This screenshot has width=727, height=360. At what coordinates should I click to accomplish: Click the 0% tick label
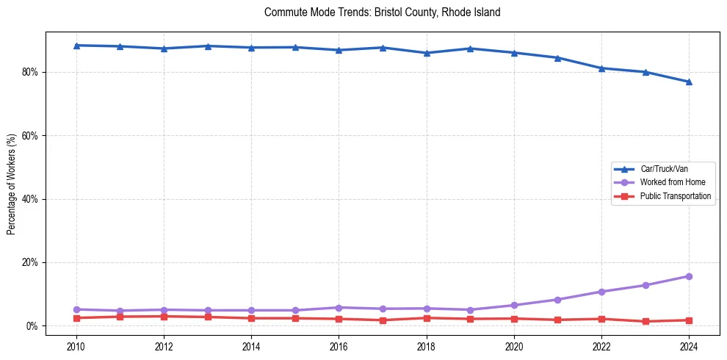coord(32,325)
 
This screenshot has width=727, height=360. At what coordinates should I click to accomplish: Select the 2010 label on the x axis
coord(76,346)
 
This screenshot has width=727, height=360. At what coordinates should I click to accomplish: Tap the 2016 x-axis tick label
coord(339,346)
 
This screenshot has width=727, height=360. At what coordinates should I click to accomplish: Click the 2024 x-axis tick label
coord(689,346)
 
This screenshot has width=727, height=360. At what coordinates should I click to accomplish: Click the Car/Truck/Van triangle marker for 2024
coord(689,82)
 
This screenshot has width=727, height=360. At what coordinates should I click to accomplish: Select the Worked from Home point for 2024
coord(689,276)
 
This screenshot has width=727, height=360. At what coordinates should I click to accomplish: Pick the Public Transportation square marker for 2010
coord(76,318)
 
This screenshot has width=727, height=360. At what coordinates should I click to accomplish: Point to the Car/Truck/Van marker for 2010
coord(76,46)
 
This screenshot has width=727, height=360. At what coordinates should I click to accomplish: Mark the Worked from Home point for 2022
coord(601,292)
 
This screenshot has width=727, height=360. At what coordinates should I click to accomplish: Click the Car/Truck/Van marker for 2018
coord(427,53)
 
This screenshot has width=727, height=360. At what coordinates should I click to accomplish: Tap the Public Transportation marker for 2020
coord(514,319)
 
